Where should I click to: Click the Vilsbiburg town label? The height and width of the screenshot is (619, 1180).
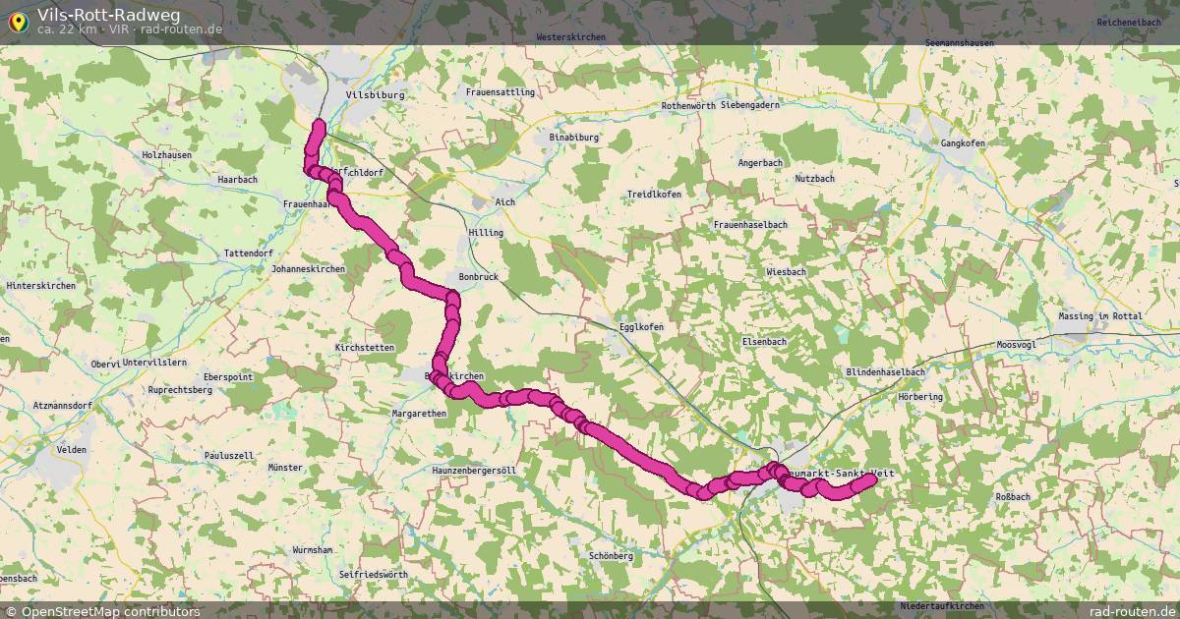(x=374, y=95)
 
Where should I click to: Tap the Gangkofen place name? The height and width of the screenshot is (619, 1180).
(x=963, y=143)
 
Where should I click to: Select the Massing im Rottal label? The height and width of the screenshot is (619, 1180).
(x=1098, y=316)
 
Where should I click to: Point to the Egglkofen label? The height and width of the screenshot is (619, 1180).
(x=641, y=327)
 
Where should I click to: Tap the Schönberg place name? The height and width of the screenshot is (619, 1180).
(x=611, y=555)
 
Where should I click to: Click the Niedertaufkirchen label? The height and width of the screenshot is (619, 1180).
(x=942, y=606)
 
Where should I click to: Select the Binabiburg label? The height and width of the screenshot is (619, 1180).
(x=574, y=138)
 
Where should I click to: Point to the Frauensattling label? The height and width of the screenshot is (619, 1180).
(x=501, y=92)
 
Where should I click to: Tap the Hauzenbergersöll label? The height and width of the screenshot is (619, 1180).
(x=474, y=471)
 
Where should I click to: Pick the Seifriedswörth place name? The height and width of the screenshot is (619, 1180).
(x=373, y=574)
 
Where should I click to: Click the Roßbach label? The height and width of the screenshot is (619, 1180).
(x=1013, y=497)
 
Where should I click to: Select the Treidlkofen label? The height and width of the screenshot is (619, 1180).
(x=655, y=195)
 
